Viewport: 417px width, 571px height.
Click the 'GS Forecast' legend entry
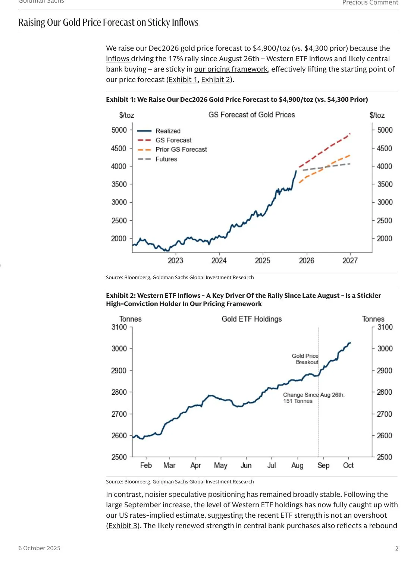(x=173, y=140)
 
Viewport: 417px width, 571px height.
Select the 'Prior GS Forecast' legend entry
(x=181, y=149)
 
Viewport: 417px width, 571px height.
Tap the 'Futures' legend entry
(x=166, y=159)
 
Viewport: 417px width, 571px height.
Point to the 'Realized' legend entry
(x=168, y=131)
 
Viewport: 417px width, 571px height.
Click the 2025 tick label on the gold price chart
(x=263, y=261)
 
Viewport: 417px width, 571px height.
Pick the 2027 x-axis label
(x=350, y=261)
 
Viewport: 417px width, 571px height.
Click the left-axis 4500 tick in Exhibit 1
(x=119, y=148)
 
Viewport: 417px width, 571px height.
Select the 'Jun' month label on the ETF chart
(x=246, y=465)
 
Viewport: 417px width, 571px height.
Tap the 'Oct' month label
(x=348, y=465)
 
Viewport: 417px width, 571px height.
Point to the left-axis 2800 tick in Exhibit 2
(x=119, y=392)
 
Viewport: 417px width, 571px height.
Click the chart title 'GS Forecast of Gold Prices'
(x=251, y=115)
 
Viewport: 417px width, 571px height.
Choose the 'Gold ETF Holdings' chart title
(x=252, y=319)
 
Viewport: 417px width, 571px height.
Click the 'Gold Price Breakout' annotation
(x=305, y=359)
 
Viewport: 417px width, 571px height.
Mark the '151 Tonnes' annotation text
(x=298, y=401)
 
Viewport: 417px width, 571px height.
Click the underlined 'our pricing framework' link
(x=231, y=69)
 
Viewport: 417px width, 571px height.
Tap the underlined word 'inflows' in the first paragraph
(x=117, y=59)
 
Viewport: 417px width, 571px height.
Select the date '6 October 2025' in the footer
(x=39, y=548)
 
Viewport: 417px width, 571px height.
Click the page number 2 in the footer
(x=396, y=548)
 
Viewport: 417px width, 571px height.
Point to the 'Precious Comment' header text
(x=370, y=3)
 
